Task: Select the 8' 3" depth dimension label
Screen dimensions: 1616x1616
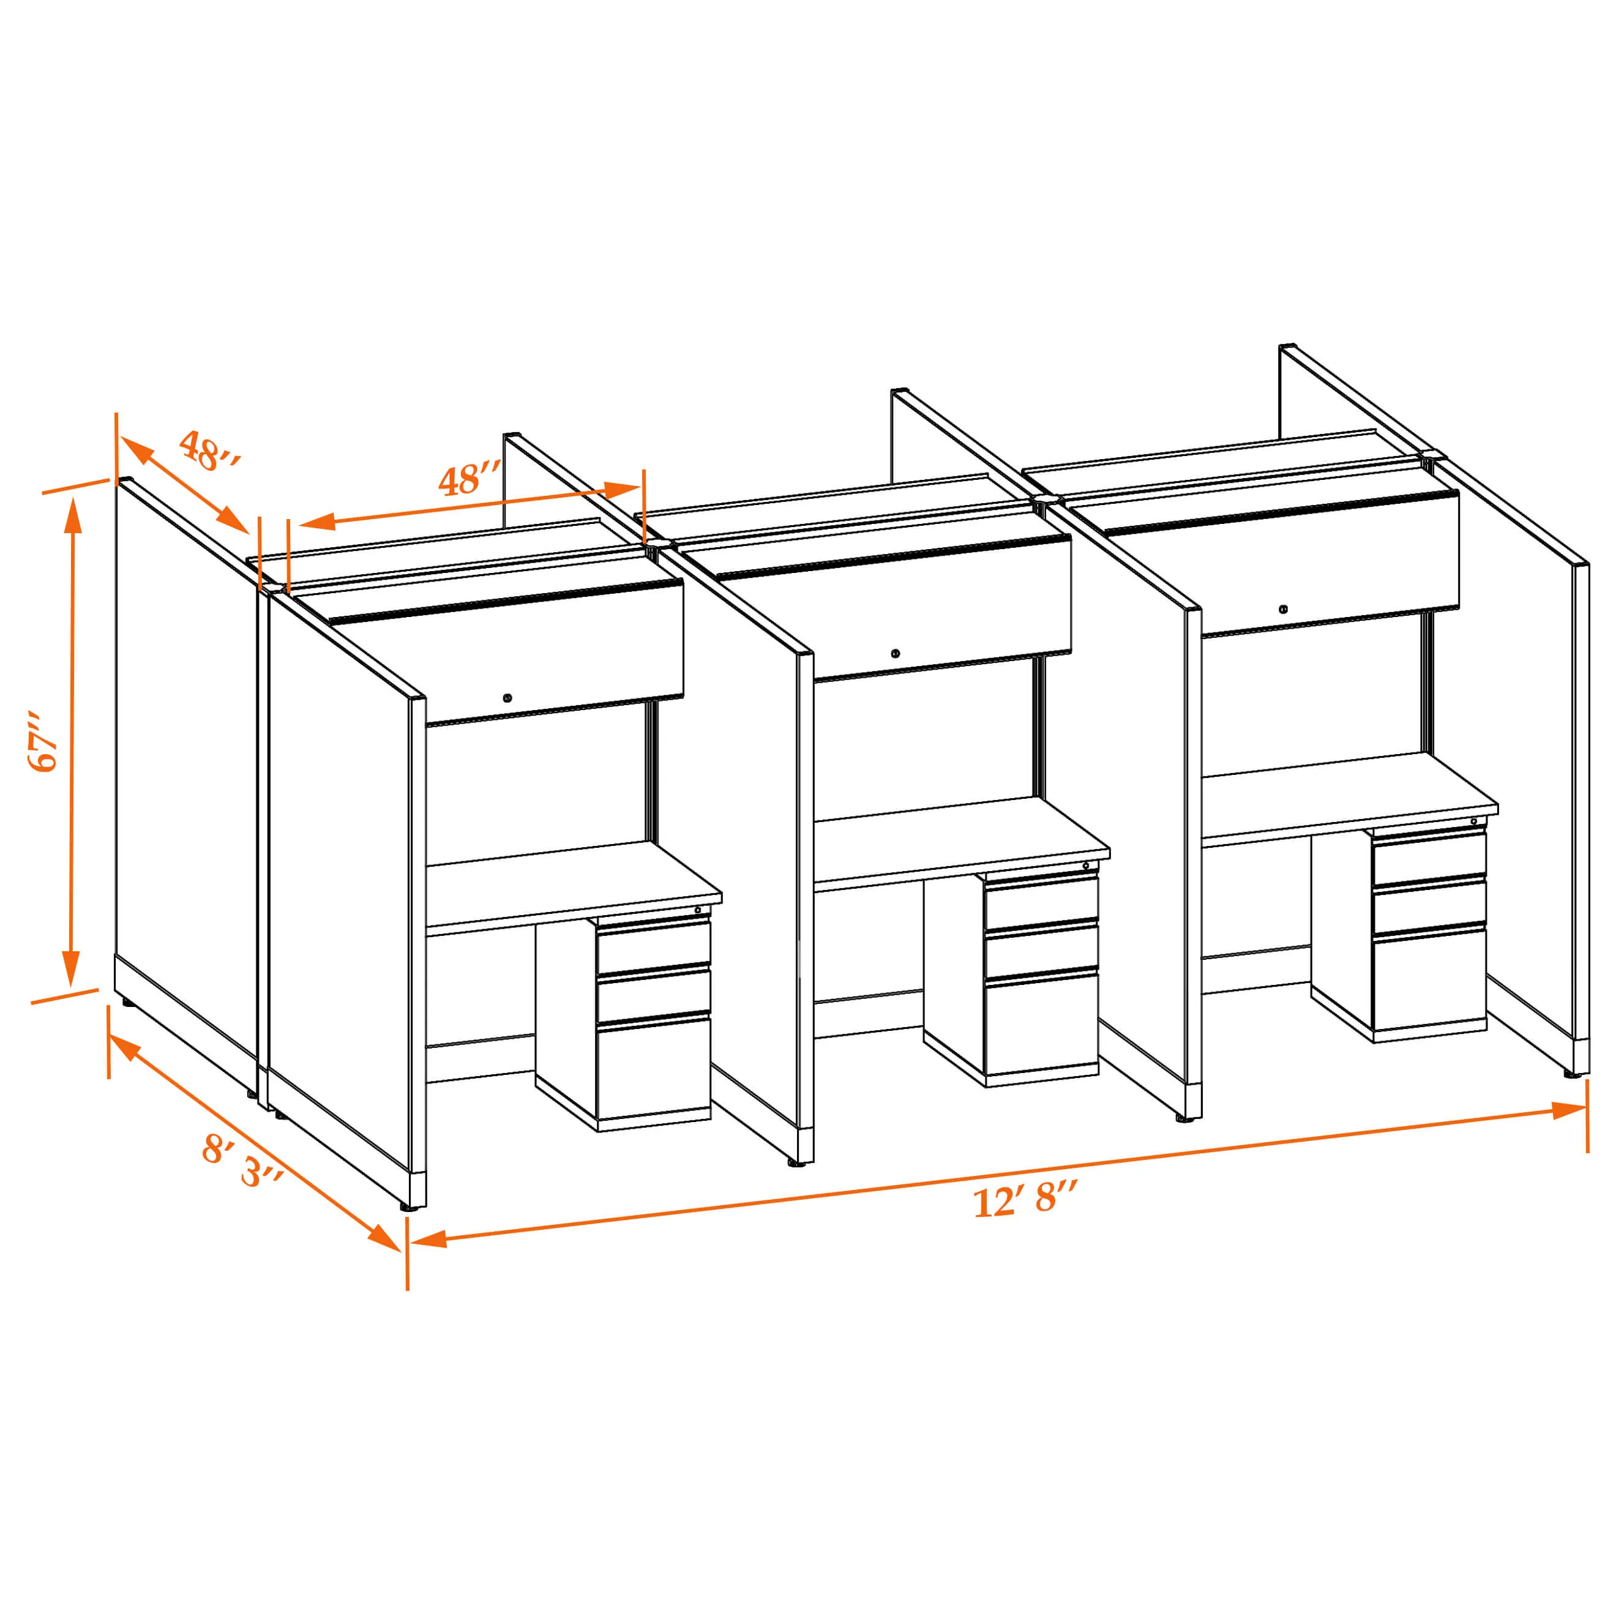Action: pos(242,1162)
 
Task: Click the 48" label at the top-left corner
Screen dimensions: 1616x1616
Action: pos(210,451)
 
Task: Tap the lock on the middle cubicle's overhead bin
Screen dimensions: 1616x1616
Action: pos(895,653)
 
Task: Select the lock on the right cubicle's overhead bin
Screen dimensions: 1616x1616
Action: pos(1283,609)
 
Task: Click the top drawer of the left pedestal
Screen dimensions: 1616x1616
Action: pos(653,946)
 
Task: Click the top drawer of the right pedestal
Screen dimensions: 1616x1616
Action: pos(1429,858)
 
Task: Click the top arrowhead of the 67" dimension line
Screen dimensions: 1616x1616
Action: pos(73,515)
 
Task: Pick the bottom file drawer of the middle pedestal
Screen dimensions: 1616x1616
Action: pos(1041,1027)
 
